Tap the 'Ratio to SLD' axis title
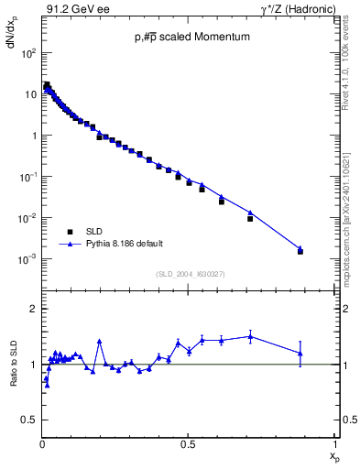tap(12, 364)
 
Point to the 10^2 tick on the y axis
tap(28, 52)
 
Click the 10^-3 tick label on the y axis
tap(28, 259)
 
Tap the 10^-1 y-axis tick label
tap(28, 177)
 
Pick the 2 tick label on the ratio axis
tap(34, 309)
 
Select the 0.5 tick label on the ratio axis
tap(30, 420)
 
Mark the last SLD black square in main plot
tap(300, 250)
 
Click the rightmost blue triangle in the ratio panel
tap(300, 353)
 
